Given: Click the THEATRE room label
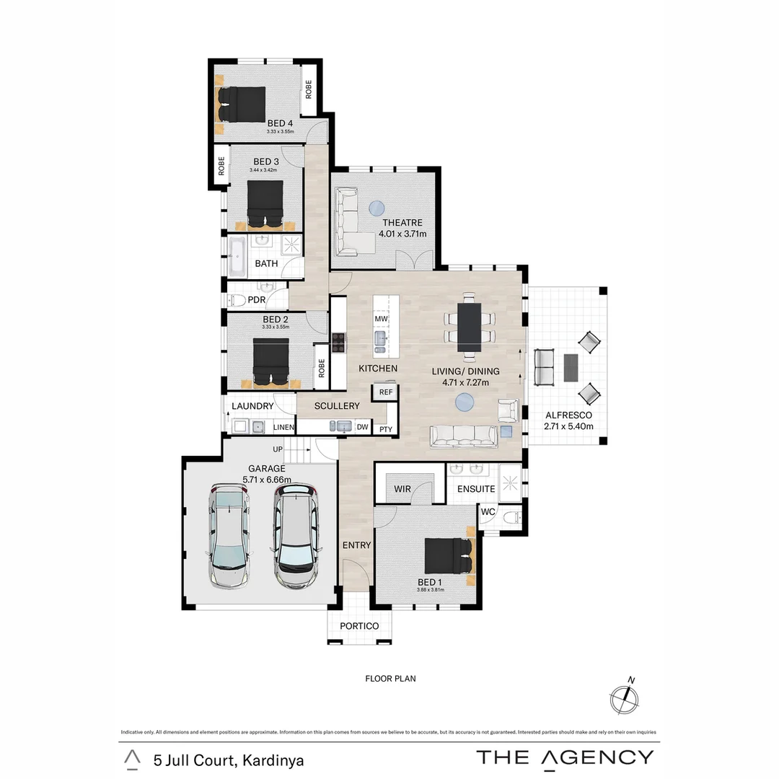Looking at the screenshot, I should pos(402,223).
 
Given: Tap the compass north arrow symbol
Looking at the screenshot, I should pos(625,697).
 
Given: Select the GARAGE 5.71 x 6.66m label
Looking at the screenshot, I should pos(268,474).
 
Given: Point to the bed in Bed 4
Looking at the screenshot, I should pos(242,105).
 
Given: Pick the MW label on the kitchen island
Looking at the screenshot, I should pos(382,319).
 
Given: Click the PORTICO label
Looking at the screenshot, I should pos(359,626).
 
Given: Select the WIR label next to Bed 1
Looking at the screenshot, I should pos(402,489).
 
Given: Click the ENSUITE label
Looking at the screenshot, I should pos(475,489).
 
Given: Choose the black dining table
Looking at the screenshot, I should pos(470,327).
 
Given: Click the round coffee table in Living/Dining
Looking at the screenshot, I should pos(465,402).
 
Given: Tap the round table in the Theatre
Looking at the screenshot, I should pos(377,208).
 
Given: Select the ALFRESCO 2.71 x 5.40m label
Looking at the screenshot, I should pos(568,421).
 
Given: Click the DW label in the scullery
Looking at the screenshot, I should pos(363,428).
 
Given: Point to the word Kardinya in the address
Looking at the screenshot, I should pos(273,760).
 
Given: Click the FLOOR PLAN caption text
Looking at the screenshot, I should pos(390,679).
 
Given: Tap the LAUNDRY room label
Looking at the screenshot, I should pos(252,407).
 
